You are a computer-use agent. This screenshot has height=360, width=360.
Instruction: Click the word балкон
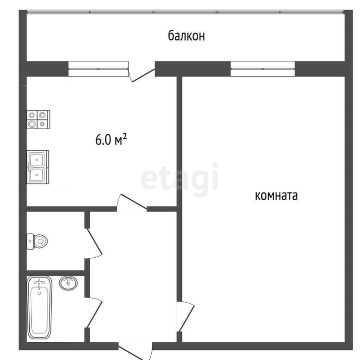pyautogui.click(x=186, y=36)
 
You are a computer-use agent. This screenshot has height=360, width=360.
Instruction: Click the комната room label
pyautogui.click(x=276, y=196)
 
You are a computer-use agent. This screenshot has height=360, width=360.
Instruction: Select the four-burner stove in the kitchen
pyautogui.click(x=38, y=120)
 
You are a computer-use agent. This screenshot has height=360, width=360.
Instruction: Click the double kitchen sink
pyautogui.click(x=38, y=167)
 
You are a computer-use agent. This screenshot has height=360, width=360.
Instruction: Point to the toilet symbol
pyautogui.click(x=37, y=241)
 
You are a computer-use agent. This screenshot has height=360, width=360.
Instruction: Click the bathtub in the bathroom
pyautogui.click(x=39, y=307)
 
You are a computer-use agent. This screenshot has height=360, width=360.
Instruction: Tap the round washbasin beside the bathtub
pyautogui.click(x=68, y=283)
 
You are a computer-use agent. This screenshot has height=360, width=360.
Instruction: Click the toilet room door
pyautogui.click(x=94, y=244)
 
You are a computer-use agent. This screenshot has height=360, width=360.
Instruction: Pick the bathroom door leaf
pyautogui.click(x=94, y=312)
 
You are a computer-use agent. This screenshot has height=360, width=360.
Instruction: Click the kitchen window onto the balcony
pyautogui.click(x=98, y=69)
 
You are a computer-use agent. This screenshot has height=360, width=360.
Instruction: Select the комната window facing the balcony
pyautogui.click(x=263, y=69)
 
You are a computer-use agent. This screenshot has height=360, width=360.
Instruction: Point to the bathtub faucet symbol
pyautogui.click(x=39, y=284)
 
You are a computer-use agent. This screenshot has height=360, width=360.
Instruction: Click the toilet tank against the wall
pyautogui.click(x=30, y=241)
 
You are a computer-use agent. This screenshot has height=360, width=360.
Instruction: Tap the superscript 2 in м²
pyautogui.click(x=125, y=136)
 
